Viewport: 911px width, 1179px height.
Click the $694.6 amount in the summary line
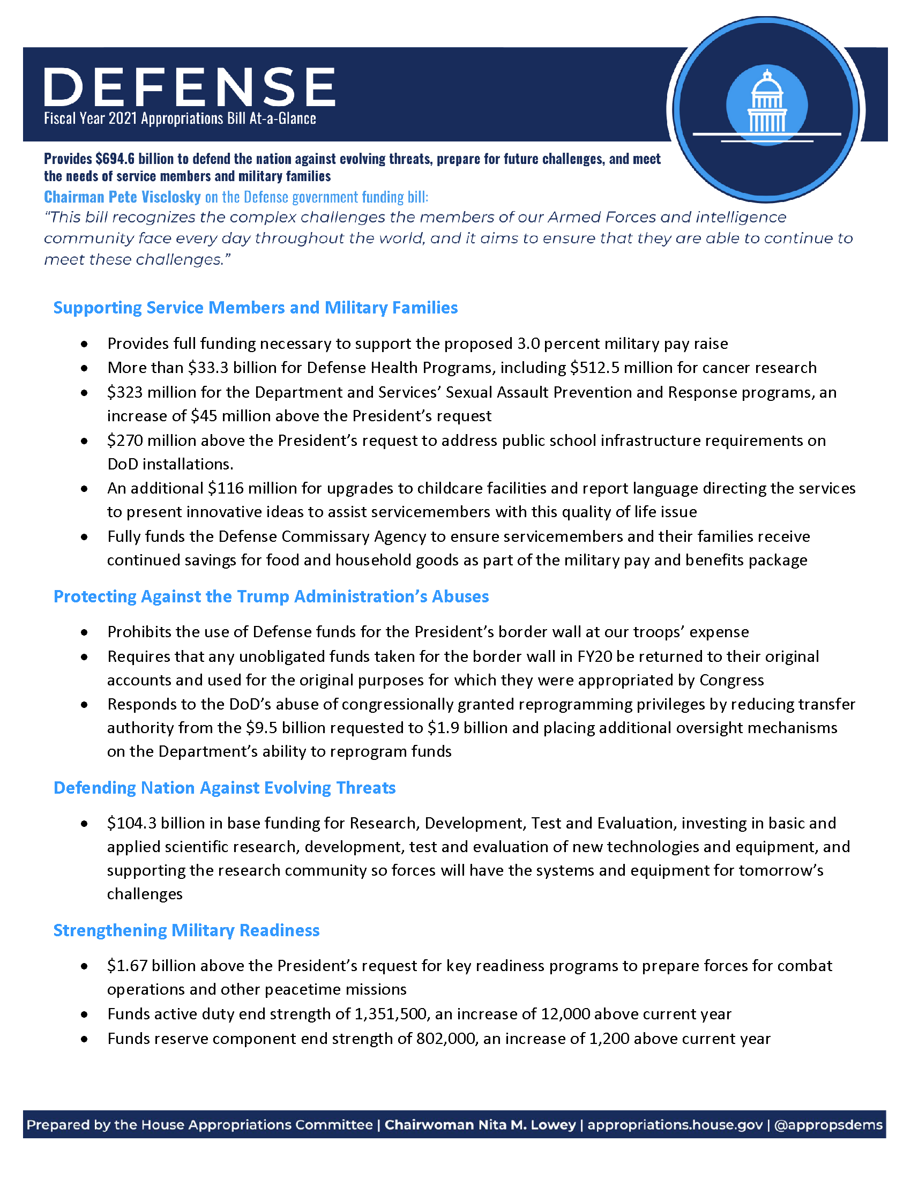115,159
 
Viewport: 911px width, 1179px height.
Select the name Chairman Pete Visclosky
123,197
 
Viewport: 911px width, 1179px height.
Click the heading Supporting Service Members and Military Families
255,308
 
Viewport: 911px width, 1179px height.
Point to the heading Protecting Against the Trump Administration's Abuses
271,596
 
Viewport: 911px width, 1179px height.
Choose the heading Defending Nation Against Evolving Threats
225,788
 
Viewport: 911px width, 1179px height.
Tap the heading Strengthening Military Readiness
186,930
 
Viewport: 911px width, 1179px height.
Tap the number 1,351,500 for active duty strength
390,1014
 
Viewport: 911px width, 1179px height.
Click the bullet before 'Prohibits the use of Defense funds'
84,632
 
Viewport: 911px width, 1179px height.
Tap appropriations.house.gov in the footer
675,1125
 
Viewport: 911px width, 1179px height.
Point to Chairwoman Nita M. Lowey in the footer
480,1125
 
